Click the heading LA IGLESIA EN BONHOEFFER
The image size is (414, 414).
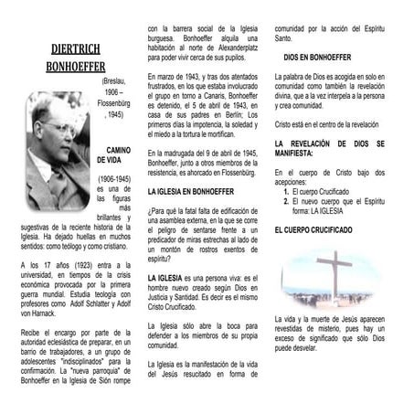click(x=191, y=191)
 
